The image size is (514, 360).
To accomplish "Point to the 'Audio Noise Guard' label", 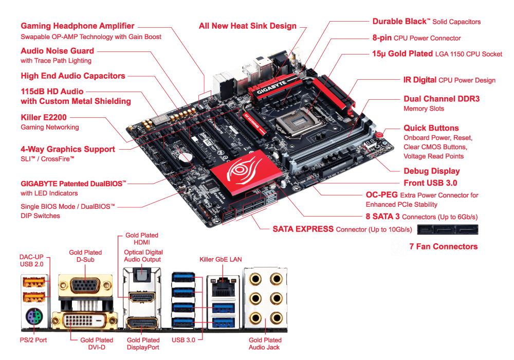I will click(x=58, y=51).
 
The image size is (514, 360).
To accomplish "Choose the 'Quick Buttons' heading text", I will click(x=431, y=128).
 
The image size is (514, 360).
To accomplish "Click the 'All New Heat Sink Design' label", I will click(x=248, y=26).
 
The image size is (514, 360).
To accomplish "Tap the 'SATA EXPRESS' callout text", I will click(x=303, y=228).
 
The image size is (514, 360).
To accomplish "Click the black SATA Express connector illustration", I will click(x=448, y=230).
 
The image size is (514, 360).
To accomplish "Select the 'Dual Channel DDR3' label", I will click(x=442, y=99).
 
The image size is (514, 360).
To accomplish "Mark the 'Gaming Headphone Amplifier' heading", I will click(x=78, y=26).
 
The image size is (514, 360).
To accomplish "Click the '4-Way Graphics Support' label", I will click(x=68, y=149).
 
